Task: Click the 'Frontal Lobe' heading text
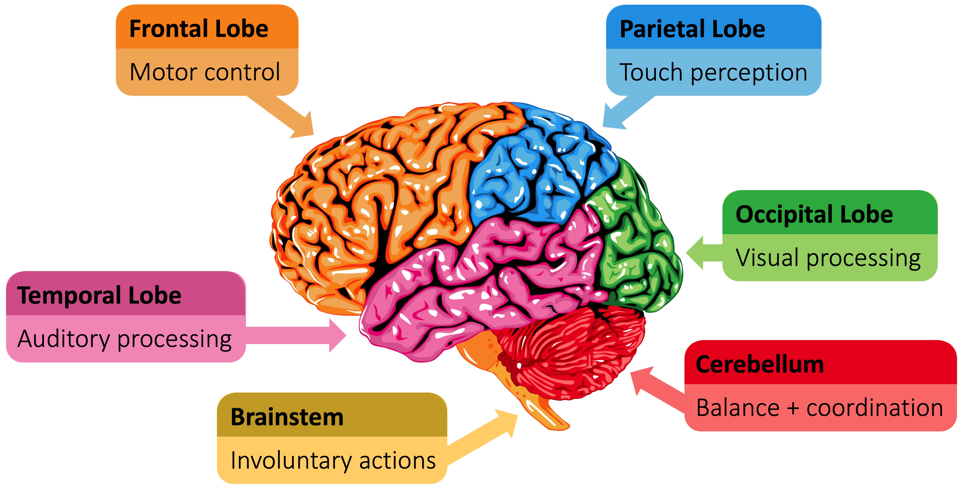[199, 29]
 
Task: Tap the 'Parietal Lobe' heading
[692, 29]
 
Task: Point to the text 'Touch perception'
[713, 72]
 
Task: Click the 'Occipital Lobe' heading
[814, 215]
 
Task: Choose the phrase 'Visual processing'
[828, 258]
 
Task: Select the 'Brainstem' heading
[287, 417]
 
